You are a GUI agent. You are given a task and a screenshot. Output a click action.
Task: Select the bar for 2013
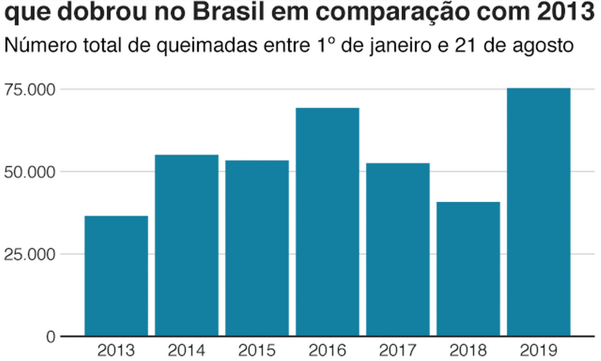(116, 276)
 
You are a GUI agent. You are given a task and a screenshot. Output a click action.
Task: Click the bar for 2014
(186, 245)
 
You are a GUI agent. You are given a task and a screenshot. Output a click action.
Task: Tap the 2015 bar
(257, 248)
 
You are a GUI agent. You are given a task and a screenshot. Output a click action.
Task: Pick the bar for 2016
(328, 221)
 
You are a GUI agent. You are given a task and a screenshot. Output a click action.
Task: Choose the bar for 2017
(398, 249)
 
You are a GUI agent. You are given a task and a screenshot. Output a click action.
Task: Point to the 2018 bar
(468, 269)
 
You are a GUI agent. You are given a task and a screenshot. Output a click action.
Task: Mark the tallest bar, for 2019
(538, 212)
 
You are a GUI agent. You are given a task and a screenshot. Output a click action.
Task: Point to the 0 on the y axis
(50, 337)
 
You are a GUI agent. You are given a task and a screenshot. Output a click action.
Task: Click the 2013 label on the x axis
(116, 350)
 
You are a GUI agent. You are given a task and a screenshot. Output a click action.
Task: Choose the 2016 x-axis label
(328, 350)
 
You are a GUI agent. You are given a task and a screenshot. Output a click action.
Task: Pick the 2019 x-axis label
(538, 350)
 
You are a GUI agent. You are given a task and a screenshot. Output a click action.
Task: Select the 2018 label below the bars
(468, 350)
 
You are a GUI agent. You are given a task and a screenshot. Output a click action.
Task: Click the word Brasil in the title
(260, 12)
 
